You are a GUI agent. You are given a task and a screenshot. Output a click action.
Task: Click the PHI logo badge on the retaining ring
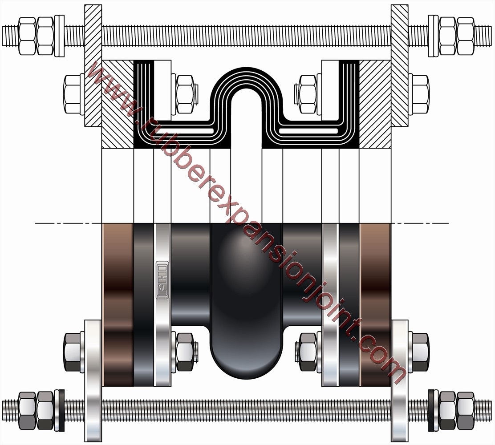162,280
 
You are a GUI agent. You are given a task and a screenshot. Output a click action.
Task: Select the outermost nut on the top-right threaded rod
465,36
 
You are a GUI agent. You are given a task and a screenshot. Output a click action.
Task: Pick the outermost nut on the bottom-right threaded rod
465,410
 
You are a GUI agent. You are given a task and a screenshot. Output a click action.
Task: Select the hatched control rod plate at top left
93,65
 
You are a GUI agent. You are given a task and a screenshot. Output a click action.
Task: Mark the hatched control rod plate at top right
399,65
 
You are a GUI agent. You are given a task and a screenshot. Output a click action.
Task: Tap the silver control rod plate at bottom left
93,380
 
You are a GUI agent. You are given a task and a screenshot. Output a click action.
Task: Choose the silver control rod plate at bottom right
399,380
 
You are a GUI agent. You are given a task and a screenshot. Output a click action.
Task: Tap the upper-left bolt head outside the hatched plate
72,94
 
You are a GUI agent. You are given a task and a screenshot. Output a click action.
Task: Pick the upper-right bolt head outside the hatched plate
420,94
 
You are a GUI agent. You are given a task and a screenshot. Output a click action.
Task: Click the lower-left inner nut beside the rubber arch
185,352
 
